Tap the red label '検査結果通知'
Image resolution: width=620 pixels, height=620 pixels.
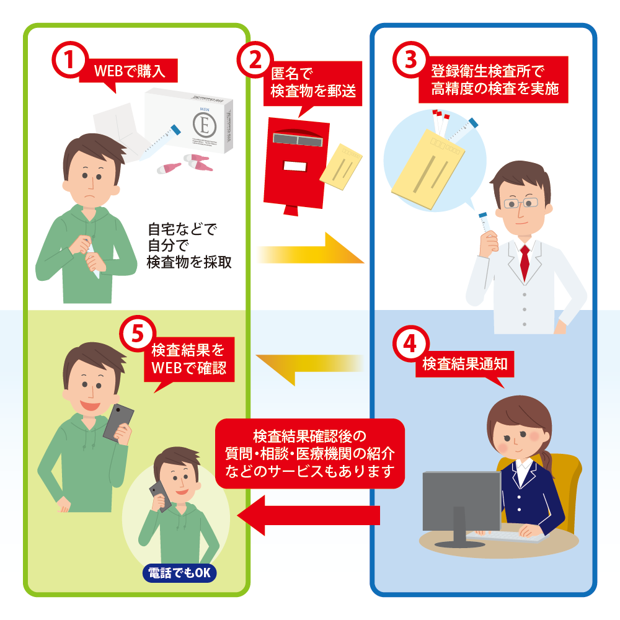[465, 364]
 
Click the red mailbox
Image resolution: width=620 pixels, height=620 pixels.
[294, 161]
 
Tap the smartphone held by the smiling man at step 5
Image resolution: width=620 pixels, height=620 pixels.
[118, 422]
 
